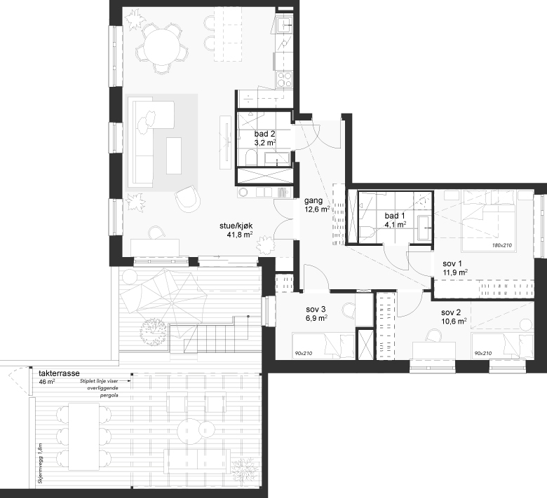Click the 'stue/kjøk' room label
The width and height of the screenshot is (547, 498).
[236, 226]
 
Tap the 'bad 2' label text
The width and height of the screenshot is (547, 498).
[264, 134]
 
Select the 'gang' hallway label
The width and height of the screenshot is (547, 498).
[313, 201]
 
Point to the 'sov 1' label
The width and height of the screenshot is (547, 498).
[452, 264]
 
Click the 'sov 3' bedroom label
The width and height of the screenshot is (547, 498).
[316, 309]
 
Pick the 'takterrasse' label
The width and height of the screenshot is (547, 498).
[59, 373]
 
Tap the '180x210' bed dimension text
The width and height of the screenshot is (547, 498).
[501, 245]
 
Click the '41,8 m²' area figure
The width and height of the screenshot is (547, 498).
[240, 235]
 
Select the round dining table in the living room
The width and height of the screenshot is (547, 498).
[161, 47]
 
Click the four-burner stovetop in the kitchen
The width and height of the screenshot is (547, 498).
[284, 79]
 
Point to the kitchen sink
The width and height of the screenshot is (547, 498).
[285, 25]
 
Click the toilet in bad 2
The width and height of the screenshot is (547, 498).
[250, 158]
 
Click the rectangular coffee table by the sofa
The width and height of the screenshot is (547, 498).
[174, 155]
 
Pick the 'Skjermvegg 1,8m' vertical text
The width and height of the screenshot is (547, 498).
[39, 464]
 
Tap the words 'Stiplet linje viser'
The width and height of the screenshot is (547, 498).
[99, 381]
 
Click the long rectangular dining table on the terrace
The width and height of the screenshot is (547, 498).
[83, 436]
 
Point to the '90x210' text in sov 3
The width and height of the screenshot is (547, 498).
[304, 354]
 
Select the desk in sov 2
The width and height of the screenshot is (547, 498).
[433, 350]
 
